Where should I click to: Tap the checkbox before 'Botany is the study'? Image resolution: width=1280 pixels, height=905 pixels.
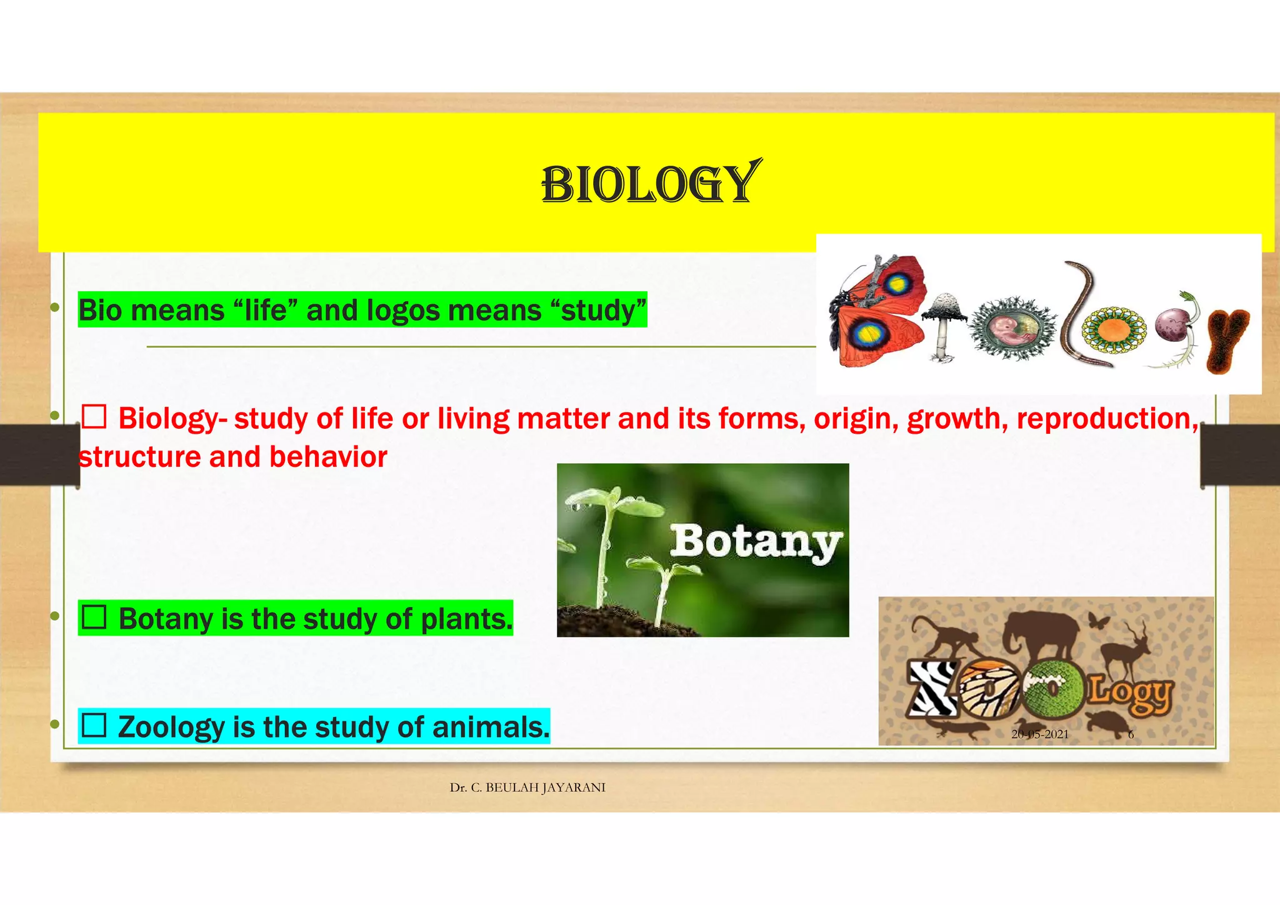pos(94,617)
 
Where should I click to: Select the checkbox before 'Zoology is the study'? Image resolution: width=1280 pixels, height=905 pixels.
pos(94,725)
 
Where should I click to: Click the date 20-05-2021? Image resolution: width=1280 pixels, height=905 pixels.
pos(1039,734)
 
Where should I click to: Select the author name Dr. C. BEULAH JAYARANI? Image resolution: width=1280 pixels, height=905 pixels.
pos(527,787)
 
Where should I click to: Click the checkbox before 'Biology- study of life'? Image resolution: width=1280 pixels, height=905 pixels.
pos(94,416)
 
